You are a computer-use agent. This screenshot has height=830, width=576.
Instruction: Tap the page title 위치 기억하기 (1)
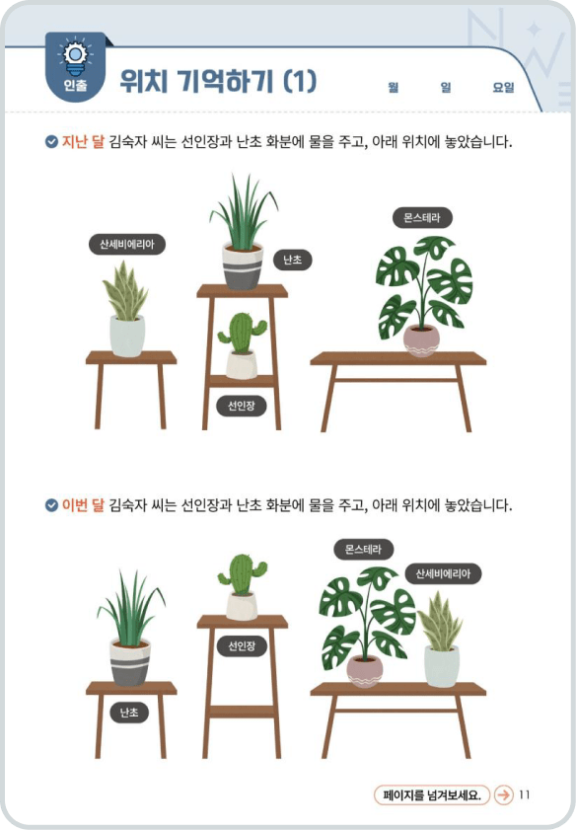pos(218,81)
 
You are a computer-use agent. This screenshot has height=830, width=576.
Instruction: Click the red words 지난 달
pos(84,142)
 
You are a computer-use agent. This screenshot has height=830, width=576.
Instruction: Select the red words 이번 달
pos(84,506)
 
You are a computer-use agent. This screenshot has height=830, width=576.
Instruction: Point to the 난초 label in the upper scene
pos(292,260)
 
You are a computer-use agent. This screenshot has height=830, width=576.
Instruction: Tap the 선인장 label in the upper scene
pos(242,405)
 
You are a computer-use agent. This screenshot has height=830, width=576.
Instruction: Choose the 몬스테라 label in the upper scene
pos(422,217)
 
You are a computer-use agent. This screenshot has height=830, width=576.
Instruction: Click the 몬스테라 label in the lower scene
pos(363,549)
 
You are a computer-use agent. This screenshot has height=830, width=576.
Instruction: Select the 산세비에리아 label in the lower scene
pos(443,573)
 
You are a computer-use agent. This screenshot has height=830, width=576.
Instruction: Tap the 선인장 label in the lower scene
pos(242,646)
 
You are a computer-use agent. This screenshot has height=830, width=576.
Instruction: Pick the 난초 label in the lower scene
pos(129,712)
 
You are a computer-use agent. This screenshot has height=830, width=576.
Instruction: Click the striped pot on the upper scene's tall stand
pos(243,266)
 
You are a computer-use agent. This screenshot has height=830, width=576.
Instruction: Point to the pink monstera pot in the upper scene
pos(421,339)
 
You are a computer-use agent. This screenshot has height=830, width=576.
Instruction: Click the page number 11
pos(525,794)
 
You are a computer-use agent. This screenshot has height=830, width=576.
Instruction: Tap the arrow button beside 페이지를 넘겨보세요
pos(503,794)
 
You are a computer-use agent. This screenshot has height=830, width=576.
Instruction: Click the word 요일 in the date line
pos(503,88)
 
